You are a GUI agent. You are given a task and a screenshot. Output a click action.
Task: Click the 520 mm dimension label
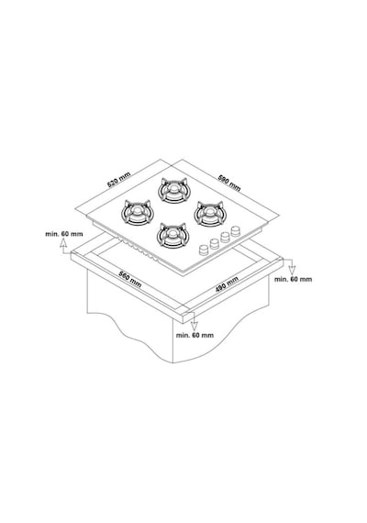[118, 180]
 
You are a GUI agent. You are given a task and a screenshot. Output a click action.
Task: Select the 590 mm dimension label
[229, 183]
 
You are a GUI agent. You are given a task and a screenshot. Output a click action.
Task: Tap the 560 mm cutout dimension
[130, 278]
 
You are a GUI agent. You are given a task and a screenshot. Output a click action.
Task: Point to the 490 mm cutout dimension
[227, 284]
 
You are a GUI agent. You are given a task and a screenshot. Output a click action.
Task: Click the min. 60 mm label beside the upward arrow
[64, 234]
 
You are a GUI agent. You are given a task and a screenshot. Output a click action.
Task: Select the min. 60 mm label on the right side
[294, 279]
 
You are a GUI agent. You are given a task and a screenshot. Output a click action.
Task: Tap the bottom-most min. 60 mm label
[195, 335]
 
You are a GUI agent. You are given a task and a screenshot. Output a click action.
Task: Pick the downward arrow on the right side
[293, 268]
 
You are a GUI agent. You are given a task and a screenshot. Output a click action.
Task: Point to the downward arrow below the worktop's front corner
[195, 326]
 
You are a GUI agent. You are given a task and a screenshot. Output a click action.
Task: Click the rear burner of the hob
[173, 190]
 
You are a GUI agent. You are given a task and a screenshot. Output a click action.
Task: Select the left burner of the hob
[137, 213]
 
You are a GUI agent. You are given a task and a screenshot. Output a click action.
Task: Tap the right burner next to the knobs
[209, 213]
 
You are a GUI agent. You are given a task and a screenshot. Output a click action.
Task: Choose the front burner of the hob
[173, 235]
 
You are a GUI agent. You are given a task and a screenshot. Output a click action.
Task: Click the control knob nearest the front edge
[203, 250]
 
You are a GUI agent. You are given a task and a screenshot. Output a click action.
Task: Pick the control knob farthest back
[236, 230]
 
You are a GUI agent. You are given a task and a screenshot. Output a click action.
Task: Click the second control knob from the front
[214, 243]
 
